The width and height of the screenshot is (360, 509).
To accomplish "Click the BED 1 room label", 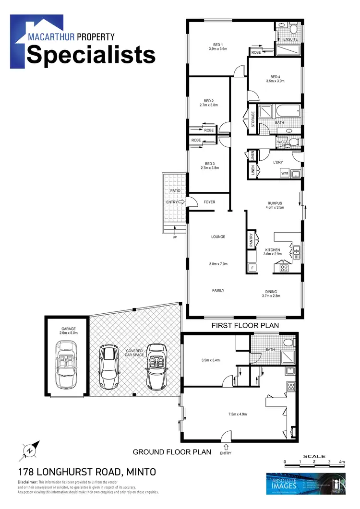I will [x=217, y=45].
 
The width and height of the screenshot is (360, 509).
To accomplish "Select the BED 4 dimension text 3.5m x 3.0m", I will [x=275, y=81].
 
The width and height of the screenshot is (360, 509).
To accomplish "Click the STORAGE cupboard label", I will [x=252, y=120].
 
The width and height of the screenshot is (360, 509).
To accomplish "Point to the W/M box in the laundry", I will [x=284, y=173].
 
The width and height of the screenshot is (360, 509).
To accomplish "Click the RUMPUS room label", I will [x=275, y=203].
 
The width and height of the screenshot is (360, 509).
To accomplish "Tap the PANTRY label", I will [x=251, y=240].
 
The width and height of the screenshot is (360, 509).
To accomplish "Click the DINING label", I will [x=271, y=291].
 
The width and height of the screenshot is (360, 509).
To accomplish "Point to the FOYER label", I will [x=209, y=202].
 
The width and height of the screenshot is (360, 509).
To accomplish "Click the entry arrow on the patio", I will [x=182, y=202].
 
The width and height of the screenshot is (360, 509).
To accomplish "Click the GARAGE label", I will [x=68, y=329].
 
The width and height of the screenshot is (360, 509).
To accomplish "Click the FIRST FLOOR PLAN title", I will [x=245, y=325].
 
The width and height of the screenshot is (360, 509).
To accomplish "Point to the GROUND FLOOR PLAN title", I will [x=172, y=451].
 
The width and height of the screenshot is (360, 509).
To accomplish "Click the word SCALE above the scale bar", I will [x=314, y=456].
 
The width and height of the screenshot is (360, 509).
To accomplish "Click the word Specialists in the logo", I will [x=91, y=55].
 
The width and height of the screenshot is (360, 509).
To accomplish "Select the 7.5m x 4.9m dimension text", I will [x=240, y=414].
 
